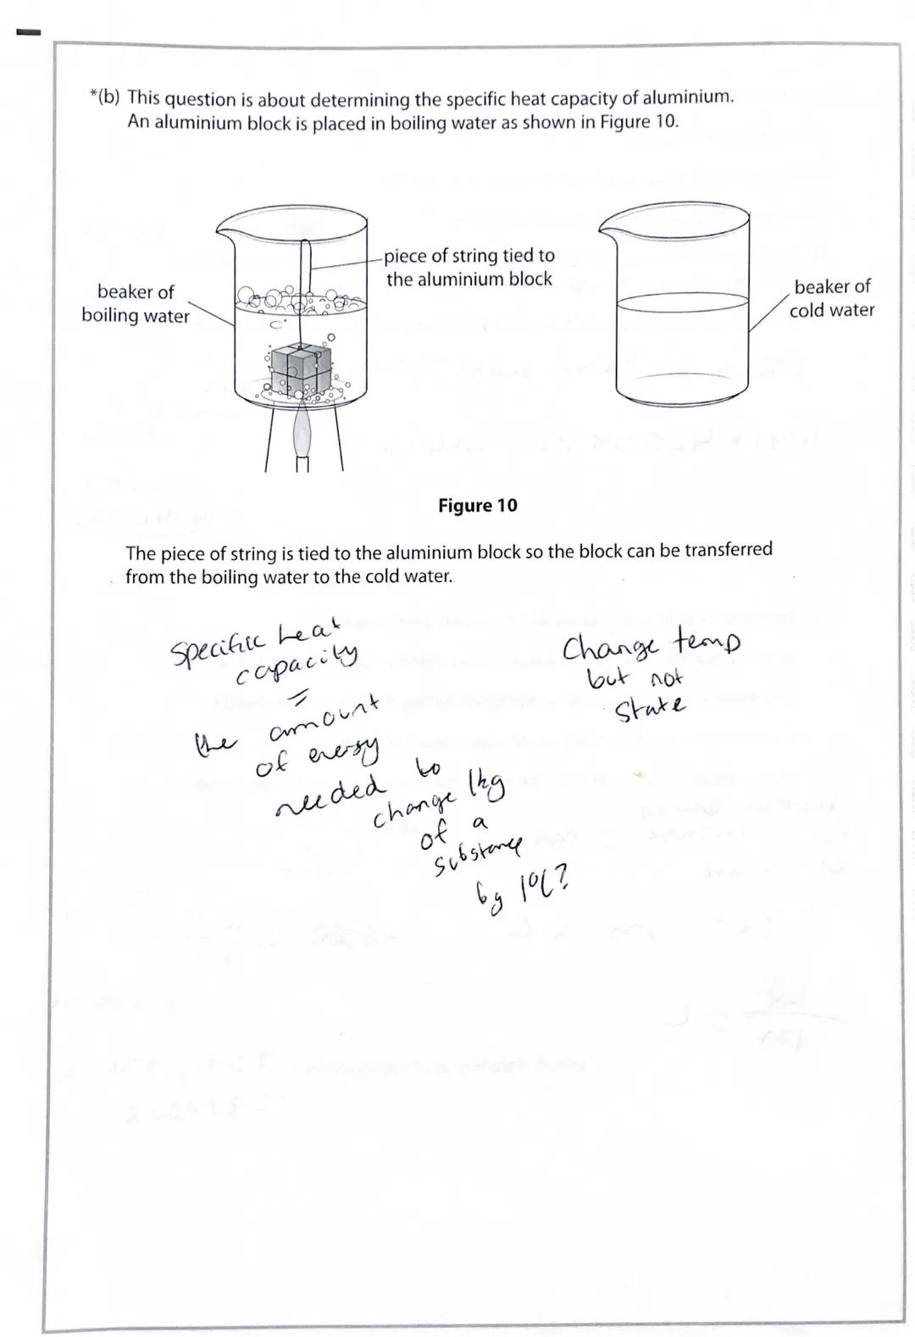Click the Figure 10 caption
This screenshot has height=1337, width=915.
(x=477, y=506)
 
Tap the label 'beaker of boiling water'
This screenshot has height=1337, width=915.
(x=136, y=303)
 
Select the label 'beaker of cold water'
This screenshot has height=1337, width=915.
(x=831, y=298)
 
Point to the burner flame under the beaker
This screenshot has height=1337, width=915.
(x=302, y=433)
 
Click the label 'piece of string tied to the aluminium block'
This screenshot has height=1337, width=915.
(x=469, y=267)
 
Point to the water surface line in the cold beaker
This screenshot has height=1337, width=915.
(x=682, y=299)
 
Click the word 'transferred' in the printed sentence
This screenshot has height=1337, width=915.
(x=728, y=550)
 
